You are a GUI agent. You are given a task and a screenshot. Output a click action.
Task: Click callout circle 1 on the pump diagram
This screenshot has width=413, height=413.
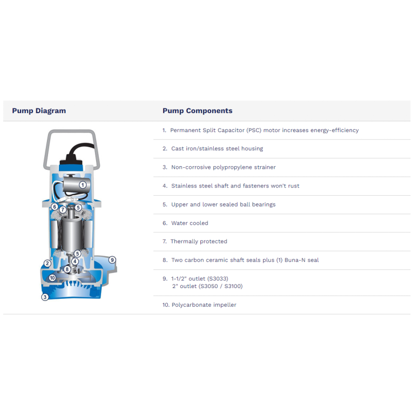click(x=82, y=184)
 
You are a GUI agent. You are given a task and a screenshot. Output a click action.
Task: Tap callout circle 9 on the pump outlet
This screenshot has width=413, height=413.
click(x=112, y=260)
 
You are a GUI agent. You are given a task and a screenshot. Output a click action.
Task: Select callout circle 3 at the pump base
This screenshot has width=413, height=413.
click(x=45, y=297)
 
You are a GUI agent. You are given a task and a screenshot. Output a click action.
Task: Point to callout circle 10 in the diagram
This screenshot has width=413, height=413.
click(x=52, y=278)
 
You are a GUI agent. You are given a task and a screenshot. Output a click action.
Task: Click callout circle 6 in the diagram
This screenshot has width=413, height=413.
click(x=54, y=206)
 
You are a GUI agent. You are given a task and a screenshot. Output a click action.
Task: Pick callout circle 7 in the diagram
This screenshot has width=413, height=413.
click(x=62, y=210)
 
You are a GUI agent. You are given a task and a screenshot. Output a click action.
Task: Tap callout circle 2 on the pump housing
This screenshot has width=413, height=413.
click(x=47, y=263)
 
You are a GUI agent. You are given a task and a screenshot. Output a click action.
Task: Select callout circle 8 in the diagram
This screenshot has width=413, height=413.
click(x=67, y=269)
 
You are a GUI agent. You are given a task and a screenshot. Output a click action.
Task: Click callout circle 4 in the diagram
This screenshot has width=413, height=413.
click(x=75, y=261)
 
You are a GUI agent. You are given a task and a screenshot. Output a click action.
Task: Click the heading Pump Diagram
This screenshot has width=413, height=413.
click(x=39, y=110)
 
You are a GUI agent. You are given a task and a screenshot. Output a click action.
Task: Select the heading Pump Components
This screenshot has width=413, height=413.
click(x=197, y=110)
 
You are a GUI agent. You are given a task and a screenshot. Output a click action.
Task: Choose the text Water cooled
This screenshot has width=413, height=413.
click(x=189, y=223)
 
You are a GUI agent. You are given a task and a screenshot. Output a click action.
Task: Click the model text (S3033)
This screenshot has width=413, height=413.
click(x=217, y=279)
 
